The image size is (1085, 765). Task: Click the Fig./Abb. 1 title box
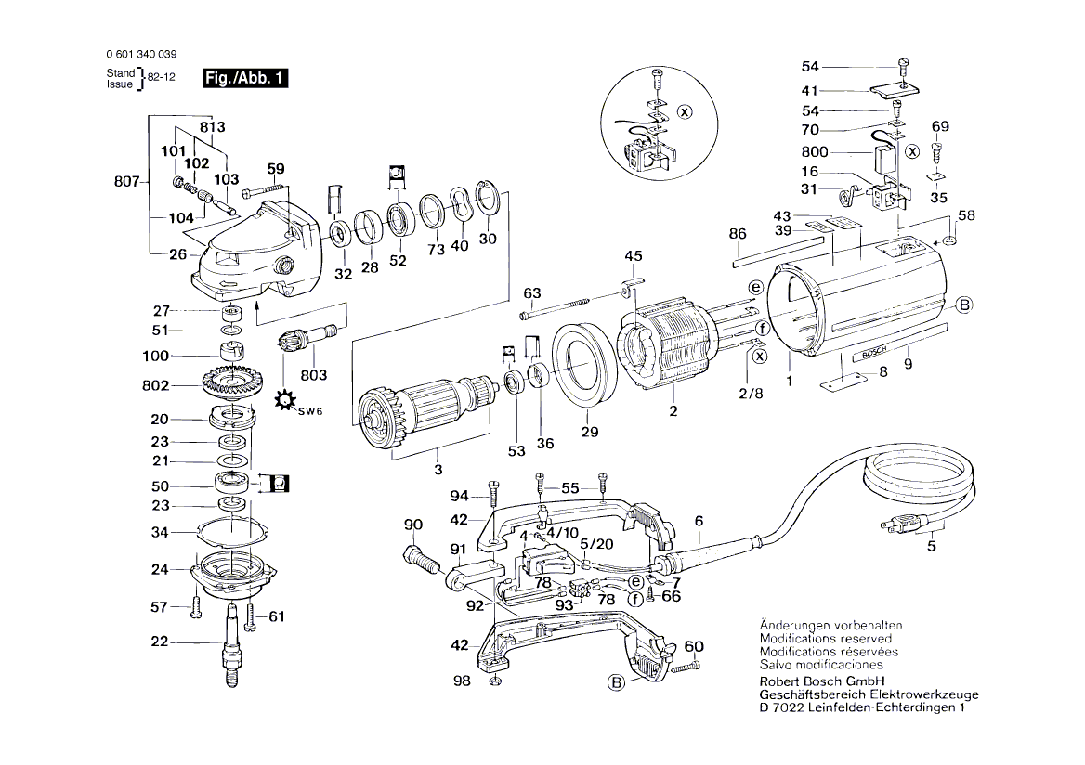pos(245,79)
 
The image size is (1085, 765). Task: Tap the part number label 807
pos(124,183)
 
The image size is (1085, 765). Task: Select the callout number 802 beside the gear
pos(155,385)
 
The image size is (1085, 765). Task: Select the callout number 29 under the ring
pos(590,432)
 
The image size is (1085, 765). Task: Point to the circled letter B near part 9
pos(963,305)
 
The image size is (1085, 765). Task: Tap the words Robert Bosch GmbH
pos(817,681)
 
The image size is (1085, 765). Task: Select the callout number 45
pos(633,256)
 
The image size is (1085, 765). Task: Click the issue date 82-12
pos(163,78)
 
